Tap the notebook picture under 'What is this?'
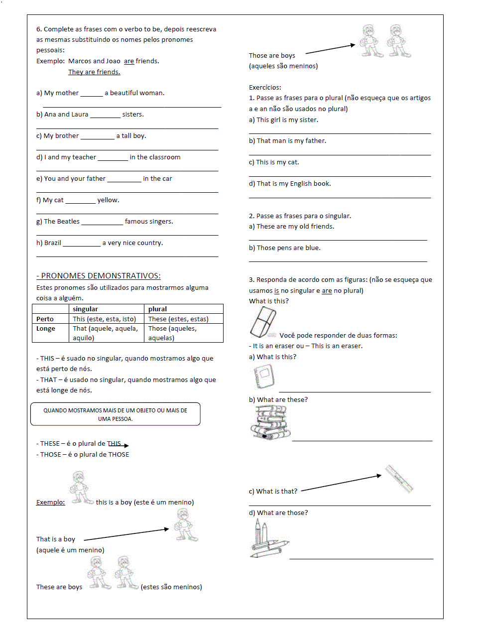(263, 377)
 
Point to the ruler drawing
(399, 479)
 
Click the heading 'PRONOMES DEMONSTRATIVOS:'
(99, 276)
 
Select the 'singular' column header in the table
(85, 309)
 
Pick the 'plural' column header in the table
(157, 309)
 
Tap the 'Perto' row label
(45, 319)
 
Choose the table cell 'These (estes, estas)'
(178, 319)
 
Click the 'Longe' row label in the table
(46, 329)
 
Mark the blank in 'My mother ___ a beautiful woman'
(92, 94)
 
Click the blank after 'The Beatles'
(102, 222)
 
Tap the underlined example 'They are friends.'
(94, 72)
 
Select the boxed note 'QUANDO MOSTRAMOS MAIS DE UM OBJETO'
(116, 414)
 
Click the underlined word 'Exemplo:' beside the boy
(50, 502)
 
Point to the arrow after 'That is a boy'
(126, 534)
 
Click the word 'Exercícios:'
(265, 87)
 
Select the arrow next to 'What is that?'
(341, 483)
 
